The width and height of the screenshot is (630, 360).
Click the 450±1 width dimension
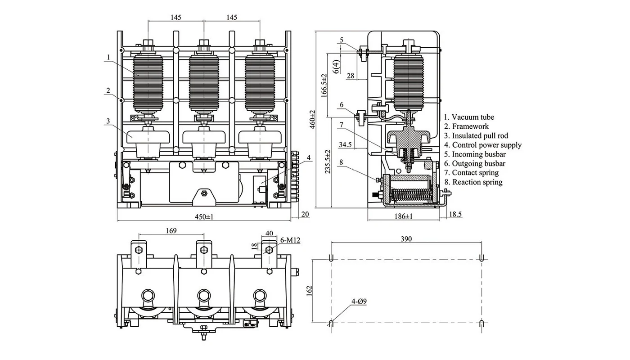[204, 217]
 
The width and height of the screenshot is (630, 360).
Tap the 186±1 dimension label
[404, 217]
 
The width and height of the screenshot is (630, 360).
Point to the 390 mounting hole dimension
[406, 239]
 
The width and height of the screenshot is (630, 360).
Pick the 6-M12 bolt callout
[290, 240]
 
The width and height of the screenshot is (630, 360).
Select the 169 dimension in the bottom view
[171, 230]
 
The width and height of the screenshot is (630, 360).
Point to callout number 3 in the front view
[108, 121]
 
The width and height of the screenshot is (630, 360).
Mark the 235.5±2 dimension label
[328, 162]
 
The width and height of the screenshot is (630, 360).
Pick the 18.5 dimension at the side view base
[456, 215]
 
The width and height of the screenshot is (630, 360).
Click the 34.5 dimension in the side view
[345, 144]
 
